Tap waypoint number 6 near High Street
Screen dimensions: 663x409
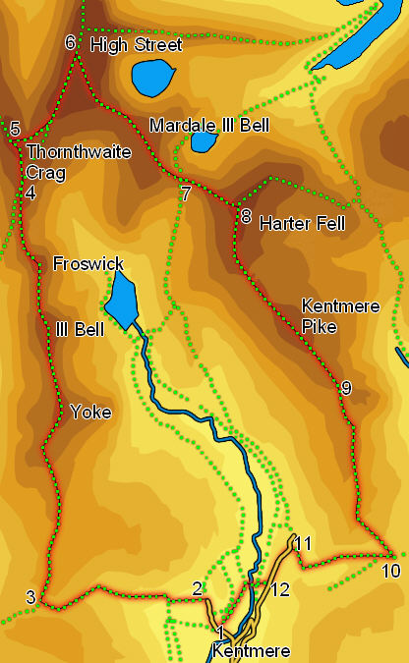tap(70, 42)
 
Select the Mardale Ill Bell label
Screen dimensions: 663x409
tap(208, 126)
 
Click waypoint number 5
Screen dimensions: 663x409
tap(15, 129)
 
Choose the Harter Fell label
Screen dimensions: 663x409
tap(302, 224)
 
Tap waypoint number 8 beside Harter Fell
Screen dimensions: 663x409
tap(245, 216)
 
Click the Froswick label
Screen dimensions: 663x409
tap(88, 263)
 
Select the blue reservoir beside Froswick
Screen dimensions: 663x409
tap(121, 300)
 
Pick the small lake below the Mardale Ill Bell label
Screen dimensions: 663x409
tap(204, 141)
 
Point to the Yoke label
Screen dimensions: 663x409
tap(90, 413)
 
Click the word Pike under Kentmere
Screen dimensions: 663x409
tap(320, 326)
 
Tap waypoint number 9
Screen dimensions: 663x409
tap(345, 388)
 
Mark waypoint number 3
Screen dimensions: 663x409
tap(30, 597)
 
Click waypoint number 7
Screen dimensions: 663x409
tap(185, 193)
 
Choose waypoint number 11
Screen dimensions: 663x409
tap(304, 543)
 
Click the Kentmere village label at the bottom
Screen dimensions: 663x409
tap(250, 651)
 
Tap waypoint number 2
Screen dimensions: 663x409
tap(198, 588)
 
